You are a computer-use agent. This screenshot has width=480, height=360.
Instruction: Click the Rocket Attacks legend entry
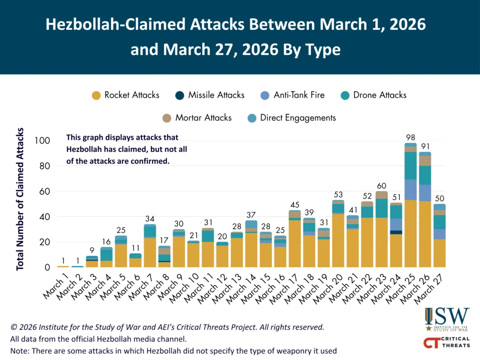click(x=126, y=95)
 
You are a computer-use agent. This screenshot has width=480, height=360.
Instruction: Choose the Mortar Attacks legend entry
click(x=197, y=118)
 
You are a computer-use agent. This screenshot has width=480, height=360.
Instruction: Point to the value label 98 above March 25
click(x=411, y=137)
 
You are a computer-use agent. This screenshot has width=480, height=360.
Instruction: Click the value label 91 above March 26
click(x=425, y=146)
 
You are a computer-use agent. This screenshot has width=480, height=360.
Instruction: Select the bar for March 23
click(x=382, y=229)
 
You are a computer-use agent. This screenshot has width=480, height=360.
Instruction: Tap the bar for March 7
click(x=150, y=246)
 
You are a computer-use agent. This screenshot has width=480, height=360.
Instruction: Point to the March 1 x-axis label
click(x=55, y=287)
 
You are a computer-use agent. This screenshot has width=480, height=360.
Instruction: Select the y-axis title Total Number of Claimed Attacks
click(x=20, y=199)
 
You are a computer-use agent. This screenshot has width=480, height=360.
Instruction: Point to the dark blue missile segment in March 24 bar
click(x=396, y=232)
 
